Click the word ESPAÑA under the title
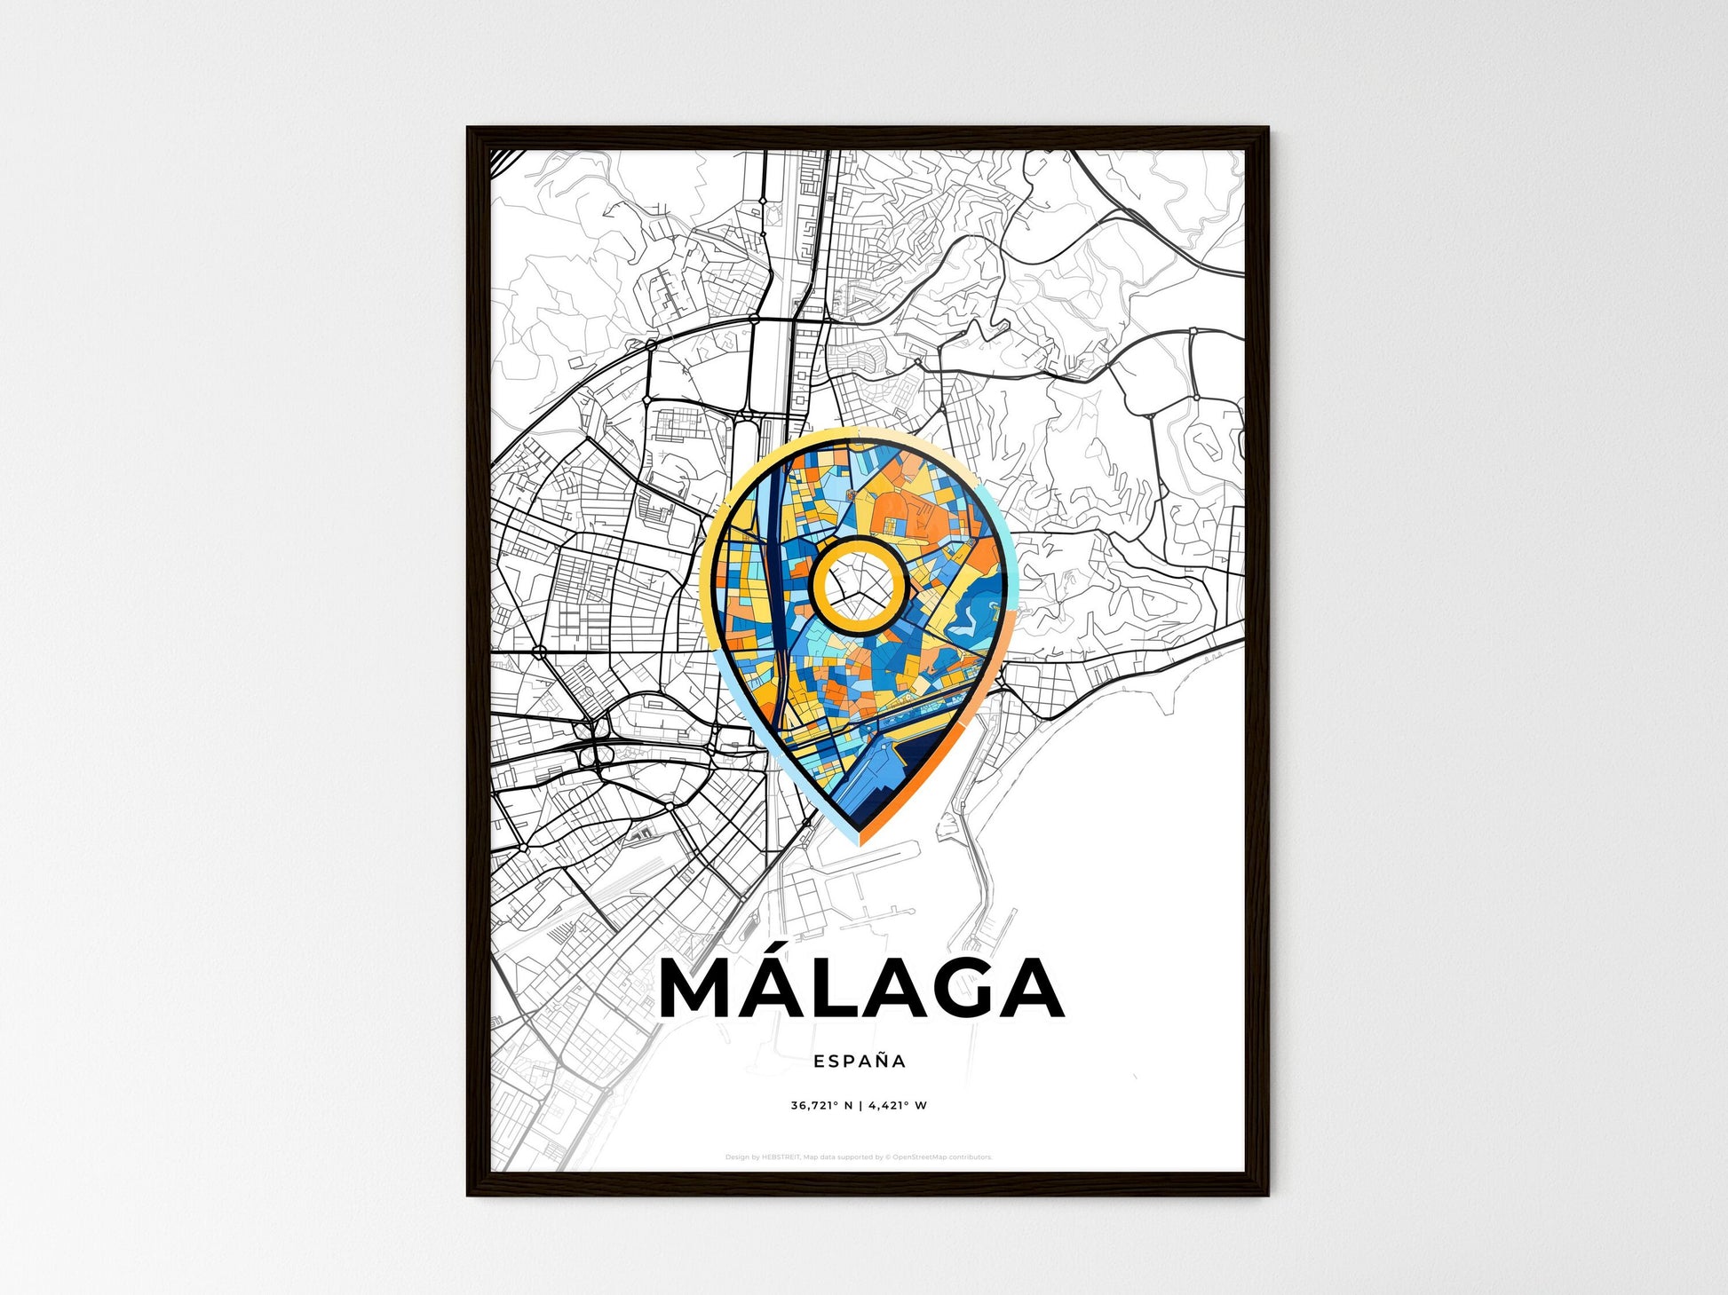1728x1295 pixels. pos(860,1061)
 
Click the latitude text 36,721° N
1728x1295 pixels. pos(821,1106)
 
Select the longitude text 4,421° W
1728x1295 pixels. pos(898,1106)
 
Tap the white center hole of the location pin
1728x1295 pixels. pos(858,586)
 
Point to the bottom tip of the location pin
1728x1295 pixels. pos(860,839)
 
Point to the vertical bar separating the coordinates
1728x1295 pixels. pos(860,1106)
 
